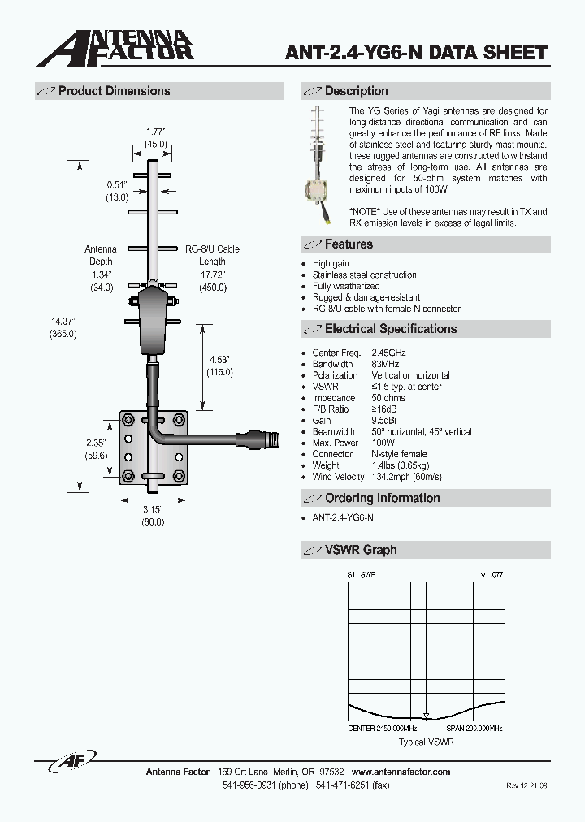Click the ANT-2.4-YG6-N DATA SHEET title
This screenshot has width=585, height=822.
[x=416, y=54]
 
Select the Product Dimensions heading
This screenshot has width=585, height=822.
[x=114, y=91]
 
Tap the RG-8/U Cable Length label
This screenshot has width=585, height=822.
[x=212, y=256]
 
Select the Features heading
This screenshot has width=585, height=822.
[x=349, y=244]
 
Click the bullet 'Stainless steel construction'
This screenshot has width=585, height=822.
[x=364, y=275]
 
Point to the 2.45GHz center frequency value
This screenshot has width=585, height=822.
[x=388, y=353]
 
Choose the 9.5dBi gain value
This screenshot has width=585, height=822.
[x=385, y=421]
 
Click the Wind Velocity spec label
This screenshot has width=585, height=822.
[x=338, y=477]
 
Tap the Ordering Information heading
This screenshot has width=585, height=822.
[x=382, y=498]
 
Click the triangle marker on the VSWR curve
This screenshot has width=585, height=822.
[x=425, y=716]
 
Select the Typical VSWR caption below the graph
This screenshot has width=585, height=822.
[x=426, y=742]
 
